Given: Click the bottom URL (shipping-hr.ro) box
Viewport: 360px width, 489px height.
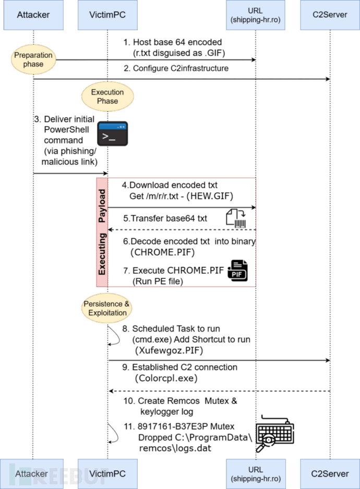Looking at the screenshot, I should point(256,473).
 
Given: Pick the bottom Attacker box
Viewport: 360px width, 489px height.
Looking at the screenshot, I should point(32,473).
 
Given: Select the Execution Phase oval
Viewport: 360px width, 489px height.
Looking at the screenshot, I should point(107,96).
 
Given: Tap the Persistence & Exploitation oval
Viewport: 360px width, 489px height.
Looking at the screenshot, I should point(107,309).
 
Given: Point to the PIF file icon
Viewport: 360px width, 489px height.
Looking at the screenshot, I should point(238,271).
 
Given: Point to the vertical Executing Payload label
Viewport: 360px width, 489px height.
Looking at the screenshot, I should point(102,232).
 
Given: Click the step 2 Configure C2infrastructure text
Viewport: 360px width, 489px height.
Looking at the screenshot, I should point(176,69).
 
